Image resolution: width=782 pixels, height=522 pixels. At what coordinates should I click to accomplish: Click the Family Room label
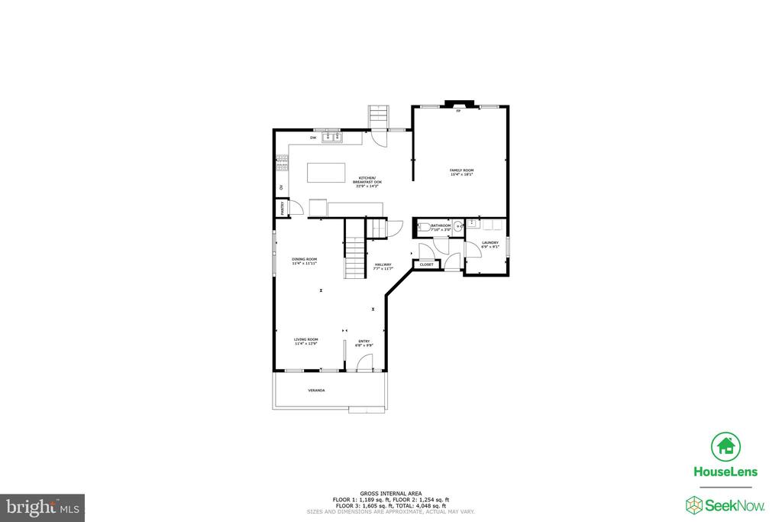(461, 170)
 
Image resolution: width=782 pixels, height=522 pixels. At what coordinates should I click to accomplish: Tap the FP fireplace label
(458, 112)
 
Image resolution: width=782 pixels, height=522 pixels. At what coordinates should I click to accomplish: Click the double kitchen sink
(331, 138)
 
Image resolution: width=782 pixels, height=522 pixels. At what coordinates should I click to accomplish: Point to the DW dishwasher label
(312, 138)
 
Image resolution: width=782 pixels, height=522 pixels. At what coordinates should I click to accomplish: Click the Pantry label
(280, 207)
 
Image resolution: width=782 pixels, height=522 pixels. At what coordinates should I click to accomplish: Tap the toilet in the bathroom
(424, 227)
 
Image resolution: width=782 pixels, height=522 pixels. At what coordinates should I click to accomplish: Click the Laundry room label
(490, 243)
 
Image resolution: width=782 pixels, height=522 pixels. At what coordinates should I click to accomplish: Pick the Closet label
(426, 264)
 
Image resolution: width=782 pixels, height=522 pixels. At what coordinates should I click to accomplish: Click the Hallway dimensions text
(383, 269)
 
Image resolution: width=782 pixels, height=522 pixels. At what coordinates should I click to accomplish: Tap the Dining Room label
(304, 259)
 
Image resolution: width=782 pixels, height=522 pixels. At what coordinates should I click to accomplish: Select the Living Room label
(306, 339)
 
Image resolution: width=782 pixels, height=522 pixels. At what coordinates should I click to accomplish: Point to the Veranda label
(316, 391)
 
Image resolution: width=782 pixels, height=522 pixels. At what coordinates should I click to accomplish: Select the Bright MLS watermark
(43, 507)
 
